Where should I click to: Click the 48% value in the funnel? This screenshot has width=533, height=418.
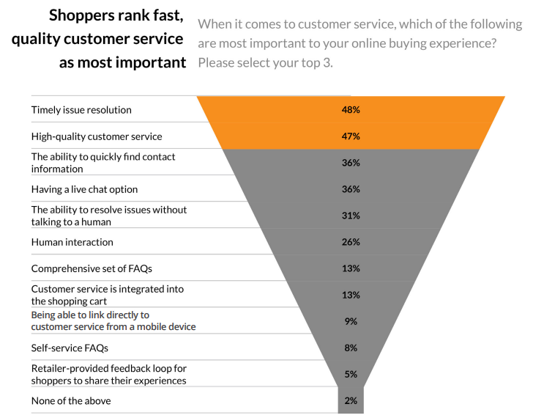point(351,110)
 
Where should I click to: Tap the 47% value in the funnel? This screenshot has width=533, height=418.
point(351,136)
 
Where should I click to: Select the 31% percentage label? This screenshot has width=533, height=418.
point(351,216)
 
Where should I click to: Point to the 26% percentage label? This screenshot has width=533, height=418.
point(351,242)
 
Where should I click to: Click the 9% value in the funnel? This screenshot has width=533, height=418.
point(351,321)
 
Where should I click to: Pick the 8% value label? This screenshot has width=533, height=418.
point(351,348)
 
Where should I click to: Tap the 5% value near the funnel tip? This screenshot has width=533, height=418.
point(351,374)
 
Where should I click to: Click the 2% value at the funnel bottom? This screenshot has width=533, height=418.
point(351,400)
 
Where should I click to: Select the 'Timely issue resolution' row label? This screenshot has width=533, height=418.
point(81,110)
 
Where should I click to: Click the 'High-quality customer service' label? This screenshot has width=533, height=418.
point(97,136)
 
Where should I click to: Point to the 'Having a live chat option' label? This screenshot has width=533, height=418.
point(84,189)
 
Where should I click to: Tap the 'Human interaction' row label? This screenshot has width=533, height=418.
point(72,242)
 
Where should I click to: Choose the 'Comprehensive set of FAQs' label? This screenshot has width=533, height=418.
point(92,268)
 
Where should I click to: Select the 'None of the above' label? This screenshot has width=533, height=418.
point(70,401)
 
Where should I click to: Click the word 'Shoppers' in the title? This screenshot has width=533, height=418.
point(83,15)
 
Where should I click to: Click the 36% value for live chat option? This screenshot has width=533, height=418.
point(351,189)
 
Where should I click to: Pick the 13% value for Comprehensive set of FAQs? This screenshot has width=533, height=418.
point(351,268)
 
